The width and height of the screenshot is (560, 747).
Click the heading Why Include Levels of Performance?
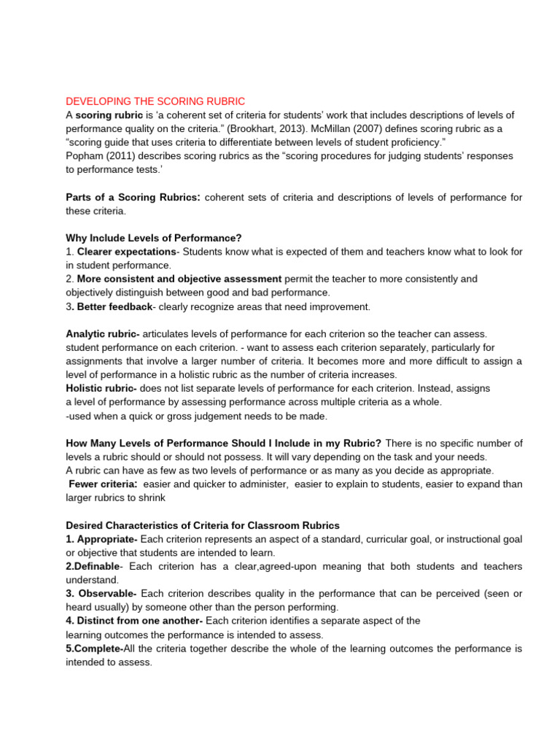pos(153,238)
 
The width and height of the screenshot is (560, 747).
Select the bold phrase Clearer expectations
pos(127,252)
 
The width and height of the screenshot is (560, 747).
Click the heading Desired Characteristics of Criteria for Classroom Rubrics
pos(202,525)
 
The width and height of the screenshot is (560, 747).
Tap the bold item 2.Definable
pos(94,566)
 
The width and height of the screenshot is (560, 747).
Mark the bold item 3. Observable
pos(102,594)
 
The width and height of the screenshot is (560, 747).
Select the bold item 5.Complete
pos(94,649)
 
